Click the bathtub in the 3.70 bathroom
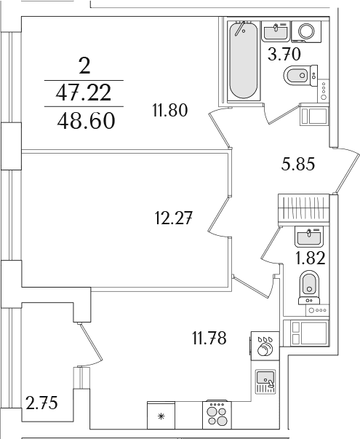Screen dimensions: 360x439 (x=243, y=60)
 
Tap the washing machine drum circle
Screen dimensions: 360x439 (x=306, y=31)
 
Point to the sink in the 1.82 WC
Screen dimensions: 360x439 (x=309, y=237)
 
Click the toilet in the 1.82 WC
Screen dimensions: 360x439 (x=309, y=288)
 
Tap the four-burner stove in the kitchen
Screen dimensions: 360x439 (x=217, y=415)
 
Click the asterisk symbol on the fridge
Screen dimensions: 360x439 (x=161, y=416)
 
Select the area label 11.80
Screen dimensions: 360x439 (x=170, y=110)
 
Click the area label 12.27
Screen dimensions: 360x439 (x=174, y=218)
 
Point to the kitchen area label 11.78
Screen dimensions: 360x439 (x=209, y=339)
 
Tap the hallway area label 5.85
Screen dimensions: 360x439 (x=298, y=164)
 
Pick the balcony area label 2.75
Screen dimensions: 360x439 (x=41, y=403)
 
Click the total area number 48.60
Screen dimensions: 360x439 (x=86, y=121)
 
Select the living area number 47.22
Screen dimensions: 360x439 (x=84, y=92)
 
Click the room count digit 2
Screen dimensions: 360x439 (x=84, y=67)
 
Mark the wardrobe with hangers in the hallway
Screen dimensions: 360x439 (x=304, y=210)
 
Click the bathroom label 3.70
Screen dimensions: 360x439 (x=284, y=54)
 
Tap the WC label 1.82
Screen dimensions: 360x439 (x=311, y=258)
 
